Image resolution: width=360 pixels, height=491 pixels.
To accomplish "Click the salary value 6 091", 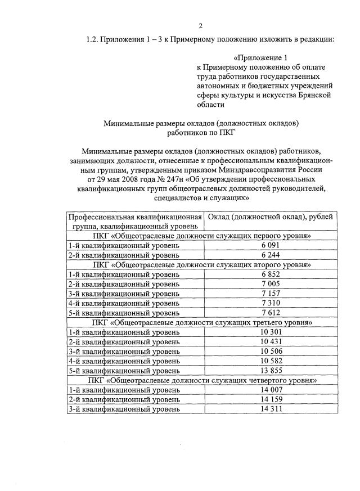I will click(270, 245).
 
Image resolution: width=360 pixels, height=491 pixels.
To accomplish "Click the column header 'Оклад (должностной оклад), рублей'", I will click(270, 217).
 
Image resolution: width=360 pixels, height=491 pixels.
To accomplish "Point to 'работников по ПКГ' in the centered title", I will click(200, 133).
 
